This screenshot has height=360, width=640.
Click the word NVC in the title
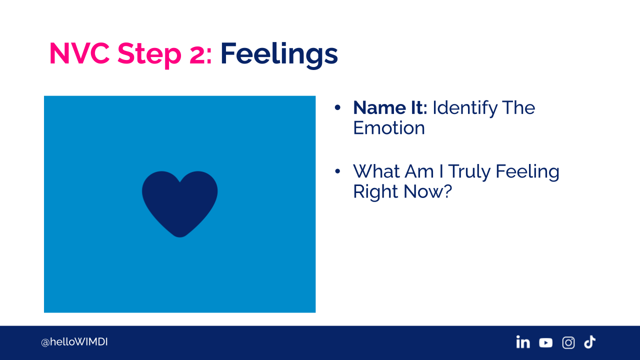(x=79, y=53)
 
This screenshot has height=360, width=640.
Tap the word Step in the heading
(x=149, y=55)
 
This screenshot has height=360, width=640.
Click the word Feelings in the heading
(x=279, y=55)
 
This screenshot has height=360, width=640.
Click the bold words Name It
(x=390, y=107)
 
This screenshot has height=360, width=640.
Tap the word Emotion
(x=389, y=127)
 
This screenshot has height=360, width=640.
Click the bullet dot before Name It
(x=337, y=107)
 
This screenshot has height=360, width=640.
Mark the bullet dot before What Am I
(x=337, y=171)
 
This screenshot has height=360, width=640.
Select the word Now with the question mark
(x=427, y=191)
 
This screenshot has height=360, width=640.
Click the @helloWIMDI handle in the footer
(x=74, y=342)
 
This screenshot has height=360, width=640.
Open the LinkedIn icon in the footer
(x=523, y=342)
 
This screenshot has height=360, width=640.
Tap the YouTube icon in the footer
(x=545, y=342)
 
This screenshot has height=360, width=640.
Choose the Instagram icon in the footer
(x=568, y=342)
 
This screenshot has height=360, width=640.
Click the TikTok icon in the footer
(x=589, y=342)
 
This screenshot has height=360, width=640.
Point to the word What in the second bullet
(x=376, y=171)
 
